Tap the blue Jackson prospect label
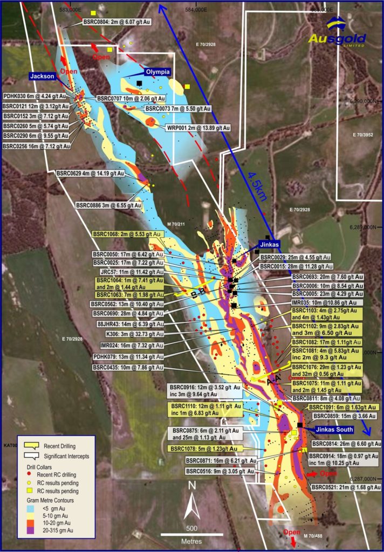(42, 77)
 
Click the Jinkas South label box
(331, 430)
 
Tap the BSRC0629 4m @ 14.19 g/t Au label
(91, 174)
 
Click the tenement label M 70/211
(176, 224)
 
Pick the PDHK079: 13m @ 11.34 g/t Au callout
(120, 356)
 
